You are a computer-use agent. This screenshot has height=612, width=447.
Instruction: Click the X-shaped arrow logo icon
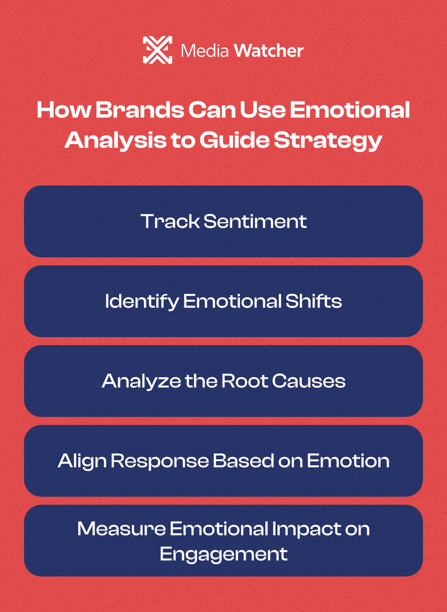(x=157, y=50)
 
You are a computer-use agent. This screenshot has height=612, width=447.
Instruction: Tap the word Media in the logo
(x=205, y=51)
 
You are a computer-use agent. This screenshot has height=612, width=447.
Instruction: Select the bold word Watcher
(x=269, y=51)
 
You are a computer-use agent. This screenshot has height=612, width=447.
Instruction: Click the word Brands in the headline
(x=139, y=110)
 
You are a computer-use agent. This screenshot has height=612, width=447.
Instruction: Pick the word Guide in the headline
(x=234, y=140)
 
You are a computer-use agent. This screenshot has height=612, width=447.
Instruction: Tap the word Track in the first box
(x=170, y=221)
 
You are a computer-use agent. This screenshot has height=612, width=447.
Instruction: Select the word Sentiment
(x=255, y=221)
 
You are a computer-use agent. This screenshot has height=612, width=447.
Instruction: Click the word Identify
(x=142, y=301)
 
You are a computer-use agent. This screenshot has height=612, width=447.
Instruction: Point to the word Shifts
(x=314, y=301)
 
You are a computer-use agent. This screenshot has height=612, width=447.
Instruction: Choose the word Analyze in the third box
(x=141, y=381)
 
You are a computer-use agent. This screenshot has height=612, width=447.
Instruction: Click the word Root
(x=245, y=381)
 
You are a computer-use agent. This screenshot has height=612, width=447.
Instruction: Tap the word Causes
(x=308, y=381)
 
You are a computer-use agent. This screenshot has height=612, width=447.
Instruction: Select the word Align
(x=82, y=461)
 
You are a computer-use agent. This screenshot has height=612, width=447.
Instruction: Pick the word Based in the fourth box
(x=243, y=461)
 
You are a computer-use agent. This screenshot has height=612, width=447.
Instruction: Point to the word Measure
(x=121, y=529)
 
